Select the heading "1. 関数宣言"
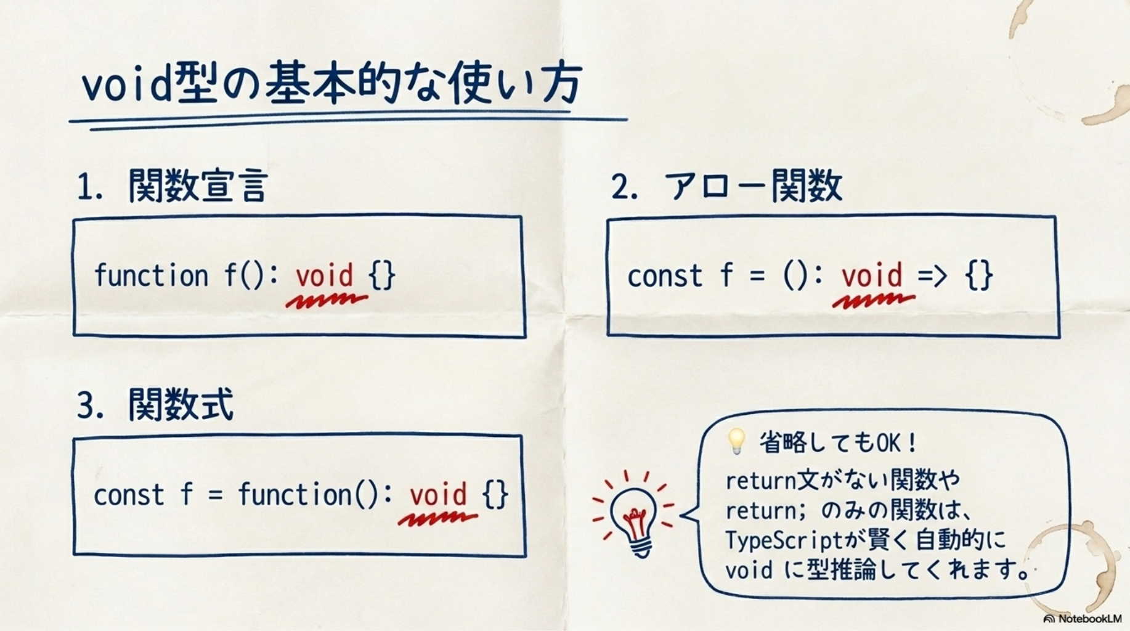point(173,185)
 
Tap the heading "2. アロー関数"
point(726,185)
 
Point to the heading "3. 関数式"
point(155,405)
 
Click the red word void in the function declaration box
point(324,275)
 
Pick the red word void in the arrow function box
point(871,275)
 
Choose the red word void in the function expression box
point(438,494)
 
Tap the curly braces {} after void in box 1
point(382,275)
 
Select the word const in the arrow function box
point(665,276)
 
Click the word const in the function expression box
point(129,495)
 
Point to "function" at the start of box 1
point(152,275)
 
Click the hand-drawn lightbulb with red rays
point(633,515)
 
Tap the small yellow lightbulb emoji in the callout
point(736,441)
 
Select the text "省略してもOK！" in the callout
point(839,442)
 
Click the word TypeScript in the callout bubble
point(784,540)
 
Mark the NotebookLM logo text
point(1083,618)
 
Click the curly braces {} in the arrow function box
point(980,275)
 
